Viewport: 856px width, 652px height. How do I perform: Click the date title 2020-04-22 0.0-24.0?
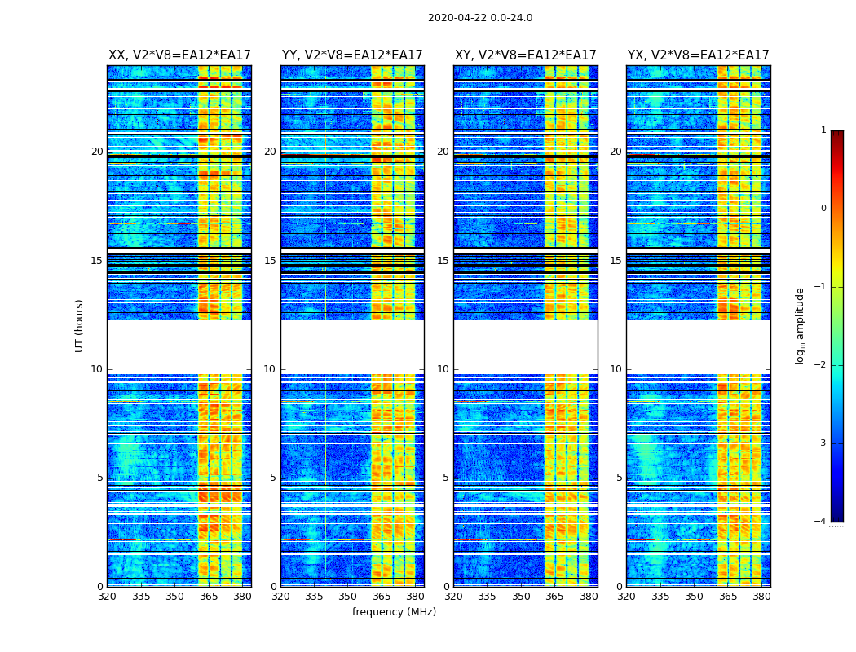[480, 18]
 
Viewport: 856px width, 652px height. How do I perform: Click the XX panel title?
[179, 55]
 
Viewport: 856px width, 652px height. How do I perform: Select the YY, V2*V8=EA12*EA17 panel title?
[352, 55]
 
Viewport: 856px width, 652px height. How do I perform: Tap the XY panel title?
[526, 55]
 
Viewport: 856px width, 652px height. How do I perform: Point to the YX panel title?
[699, 55]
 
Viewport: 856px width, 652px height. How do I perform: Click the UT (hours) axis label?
[79, 325]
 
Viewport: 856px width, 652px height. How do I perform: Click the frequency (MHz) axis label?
[394, 612]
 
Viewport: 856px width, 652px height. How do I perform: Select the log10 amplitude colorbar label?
[801, 325]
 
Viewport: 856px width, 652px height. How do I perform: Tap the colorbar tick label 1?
[823, 130]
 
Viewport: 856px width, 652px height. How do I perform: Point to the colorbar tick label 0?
[823, 209]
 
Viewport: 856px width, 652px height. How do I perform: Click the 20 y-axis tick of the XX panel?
[97, 152]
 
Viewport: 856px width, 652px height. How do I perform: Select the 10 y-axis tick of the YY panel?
[270, 369]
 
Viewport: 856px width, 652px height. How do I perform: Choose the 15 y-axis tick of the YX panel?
[616, 261]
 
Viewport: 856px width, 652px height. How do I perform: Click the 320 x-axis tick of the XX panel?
[107, 597]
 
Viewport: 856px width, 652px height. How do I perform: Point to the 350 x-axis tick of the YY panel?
[348, 597]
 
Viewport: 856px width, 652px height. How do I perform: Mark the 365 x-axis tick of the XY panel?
[554, 597]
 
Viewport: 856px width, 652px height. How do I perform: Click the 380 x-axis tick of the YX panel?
[761, 597]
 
